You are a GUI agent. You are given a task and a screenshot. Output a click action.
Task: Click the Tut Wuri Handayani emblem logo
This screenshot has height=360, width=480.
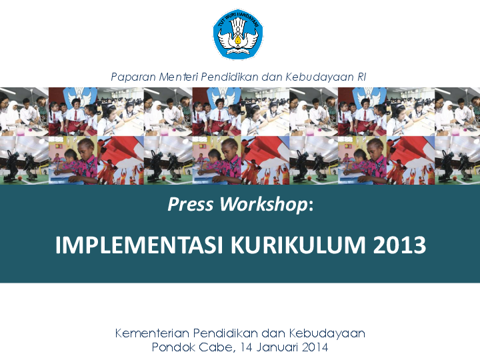click(238, 34)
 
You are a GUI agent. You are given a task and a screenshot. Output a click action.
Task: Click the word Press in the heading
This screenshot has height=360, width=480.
click(190, 205)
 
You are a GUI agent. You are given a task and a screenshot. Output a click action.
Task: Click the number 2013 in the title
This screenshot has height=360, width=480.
click(400, 245)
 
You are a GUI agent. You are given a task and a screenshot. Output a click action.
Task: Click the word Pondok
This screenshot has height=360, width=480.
click(173, 347)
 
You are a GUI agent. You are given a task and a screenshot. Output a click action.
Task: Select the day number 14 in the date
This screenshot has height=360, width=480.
click(248, 347)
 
